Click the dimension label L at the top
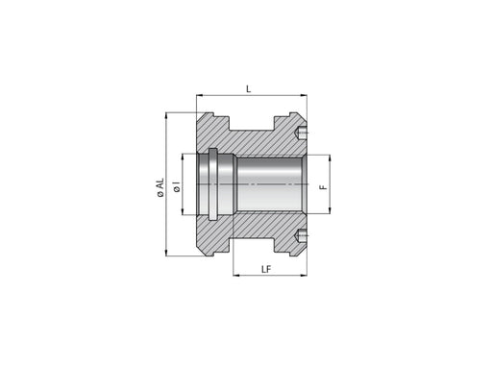click(248, 88)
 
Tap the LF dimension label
click(266, 269)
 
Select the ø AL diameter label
click(160, 187)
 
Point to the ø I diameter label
click(177, 186)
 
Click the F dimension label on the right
click(324, 186)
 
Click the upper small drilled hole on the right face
click(301, 133)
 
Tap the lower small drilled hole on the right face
click(301, 236)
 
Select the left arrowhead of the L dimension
click(200, 95)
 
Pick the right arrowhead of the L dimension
click(303, 95)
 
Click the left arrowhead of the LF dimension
click(237, 275)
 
